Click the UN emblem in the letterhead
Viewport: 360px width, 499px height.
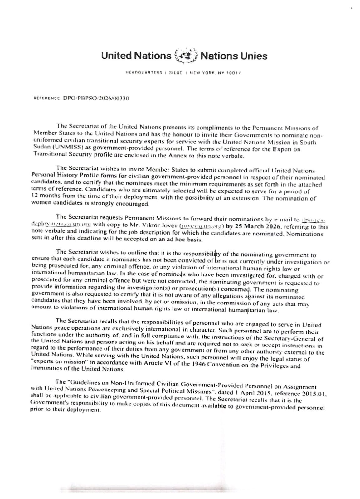pos(185,56)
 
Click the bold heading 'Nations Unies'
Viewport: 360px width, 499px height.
pos(234,56)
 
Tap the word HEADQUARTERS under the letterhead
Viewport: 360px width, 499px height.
pos(144,73)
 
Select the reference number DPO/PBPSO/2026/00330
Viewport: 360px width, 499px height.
pos(96,98)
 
